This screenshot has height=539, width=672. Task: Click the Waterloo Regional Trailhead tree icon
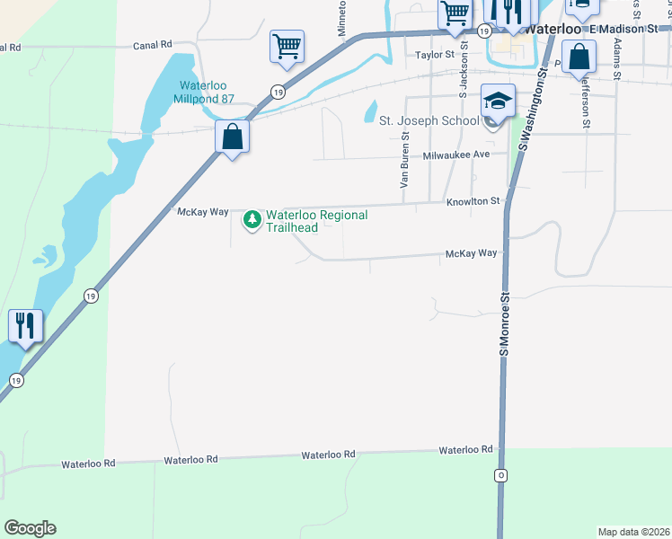[x=253, y=219]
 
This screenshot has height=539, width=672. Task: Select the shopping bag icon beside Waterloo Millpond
[x=232, y=137]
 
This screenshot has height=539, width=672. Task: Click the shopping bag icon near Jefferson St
[x=580, y=57]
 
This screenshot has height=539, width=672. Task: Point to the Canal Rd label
[x=152, y=45]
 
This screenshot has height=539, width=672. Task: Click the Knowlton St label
[x=473, y=203]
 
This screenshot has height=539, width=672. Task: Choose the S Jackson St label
[x=464, y=73]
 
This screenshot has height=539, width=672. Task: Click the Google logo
[x=30, y=528]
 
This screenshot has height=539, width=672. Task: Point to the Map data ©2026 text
[x=634, y=532]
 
